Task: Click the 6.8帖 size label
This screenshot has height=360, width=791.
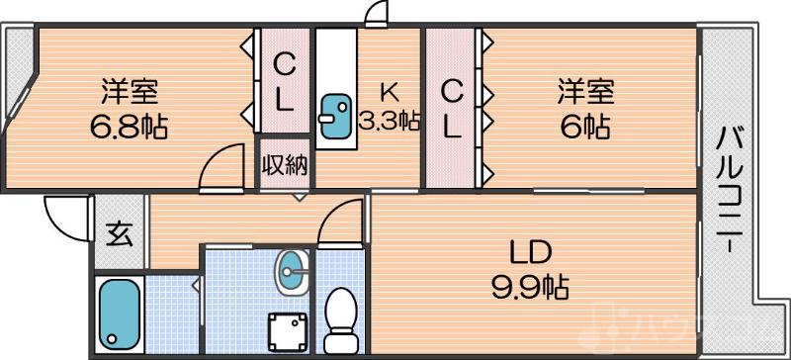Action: pyautogui.click(x=129, y=127)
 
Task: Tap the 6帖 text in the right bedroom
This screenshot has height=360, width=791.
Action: pyautogui.click(x=583, y=127)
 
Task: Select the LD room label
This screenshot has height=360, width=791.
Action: pyautogui.click(x=529, y=249)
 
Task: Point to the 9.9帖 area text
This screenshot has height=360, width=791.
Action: pyautogui.click(x=530, y=288)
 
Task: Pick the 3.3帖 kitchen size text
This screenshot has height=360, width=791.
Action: pyautogui.click(x=389, y=122)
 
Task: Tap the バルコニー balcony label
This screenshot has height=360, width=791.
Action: pyautogui.click(x=732, y=189)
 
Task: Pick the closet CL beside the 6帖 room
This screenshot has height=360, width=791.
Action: pyautogui.click(x=451, y=108)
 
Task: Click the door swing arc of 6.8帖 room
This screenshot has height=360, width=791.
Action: pyautogui.click(x=220, y=165)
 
